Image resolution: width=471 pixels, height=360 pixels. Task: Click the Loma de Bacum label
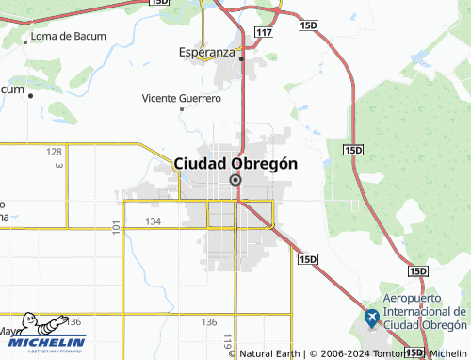tap(69, 37)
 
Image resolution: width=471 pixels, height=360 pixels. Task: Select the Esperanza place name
tap(206, 53)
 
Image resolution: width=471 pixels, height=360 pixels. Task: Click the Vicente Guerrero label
tap(181, 98)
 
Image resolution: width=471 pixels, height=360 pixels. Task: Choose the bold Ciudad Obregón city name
tap(235, 163)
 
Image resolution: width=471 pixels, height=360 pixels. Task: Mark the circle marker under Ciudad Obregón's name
tap(235, 180)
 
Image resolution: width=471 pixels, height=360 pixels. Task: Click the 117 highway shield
tap(264, 32)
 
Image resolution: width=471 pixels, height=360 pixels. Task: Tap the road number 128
tap(55, 152)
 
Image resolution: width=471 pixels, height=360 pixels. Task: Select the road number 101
tap(116, 227)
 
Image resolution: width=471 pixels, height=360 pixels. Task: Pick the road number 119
tap(227, 340)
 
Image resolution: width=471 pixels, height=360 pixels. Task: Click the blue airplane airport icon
tap(372, 319)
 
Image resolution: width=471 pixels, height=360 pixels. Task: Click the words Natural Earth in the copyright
tap(270, 353)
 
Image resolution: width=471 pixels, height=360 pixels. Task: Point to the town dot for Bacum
tap(31, 95)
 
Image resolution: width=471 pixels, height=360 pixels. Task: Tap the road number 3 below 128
tap(58, 166)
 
